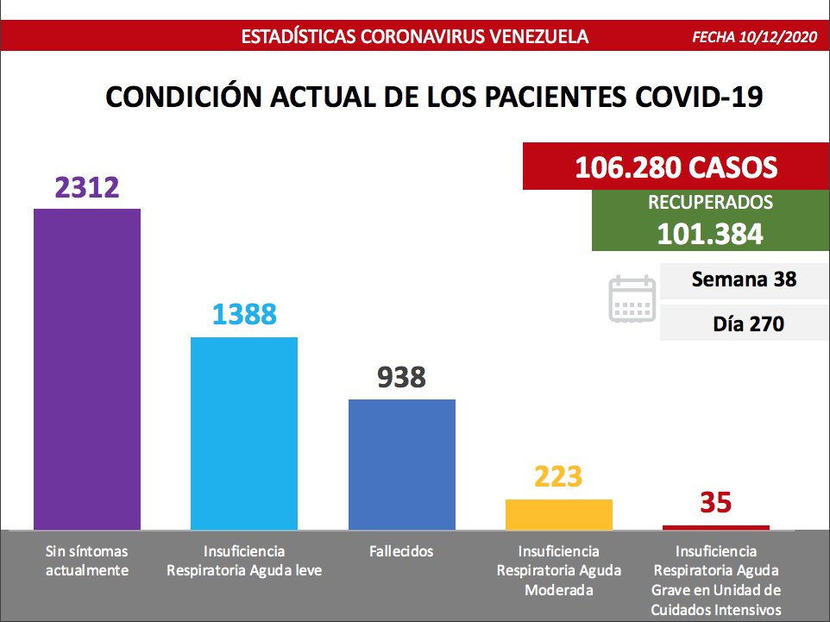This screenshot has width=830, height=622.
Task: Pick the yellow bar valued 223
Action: [559, 514]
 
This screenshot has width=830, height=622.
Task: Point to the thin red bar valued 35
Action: [716, 527]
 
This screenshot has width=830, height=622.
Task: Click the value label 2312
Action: [86, 187]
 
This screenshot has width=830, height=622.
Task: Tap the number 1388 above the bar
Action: [244, 314]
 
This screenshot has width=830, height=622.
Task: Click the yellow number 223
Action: [559, 476]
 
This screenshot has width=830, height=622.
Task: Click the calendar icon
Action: [632, 299]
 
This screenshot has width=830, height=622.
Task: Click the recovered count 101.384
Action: [709, 234]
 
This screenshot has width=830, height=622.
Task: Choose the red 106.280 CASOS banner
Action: [676, 166]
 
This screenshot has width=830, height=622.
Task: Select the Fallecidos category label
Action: [401, 551]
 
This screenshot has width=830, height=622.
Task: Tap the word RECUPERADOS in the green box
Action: [709, 204]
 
